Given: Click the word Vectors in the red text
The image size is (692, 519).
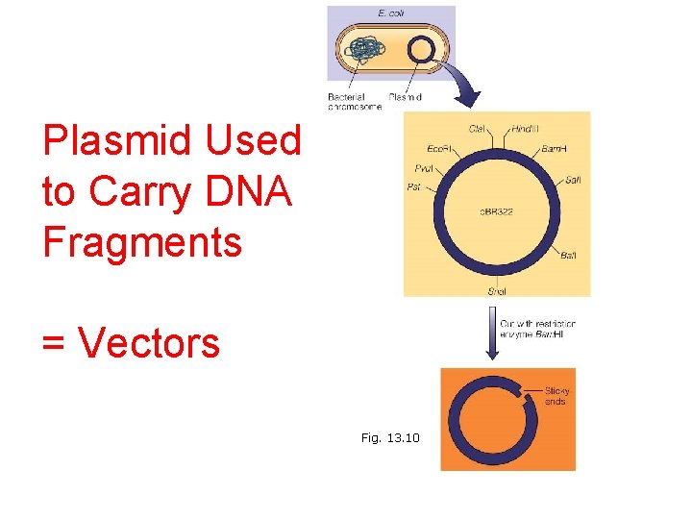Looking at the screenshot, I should [148, 342].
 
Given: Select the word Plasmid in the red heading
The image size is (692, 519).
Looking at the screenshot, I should [107, 140].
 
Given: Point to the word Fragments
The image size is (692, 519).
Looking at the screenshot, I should [142, 241].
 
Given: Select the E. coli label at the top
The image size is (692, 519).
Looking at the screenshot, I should [391, 13].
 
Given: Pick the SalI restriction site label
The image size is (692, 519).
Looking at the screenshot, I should [573, 180].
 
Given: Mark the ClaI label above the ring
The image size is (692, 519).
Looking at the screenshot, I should [476, 129].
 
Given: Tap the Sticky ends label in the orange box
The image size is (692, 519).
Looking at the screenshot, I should [556, 396].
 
